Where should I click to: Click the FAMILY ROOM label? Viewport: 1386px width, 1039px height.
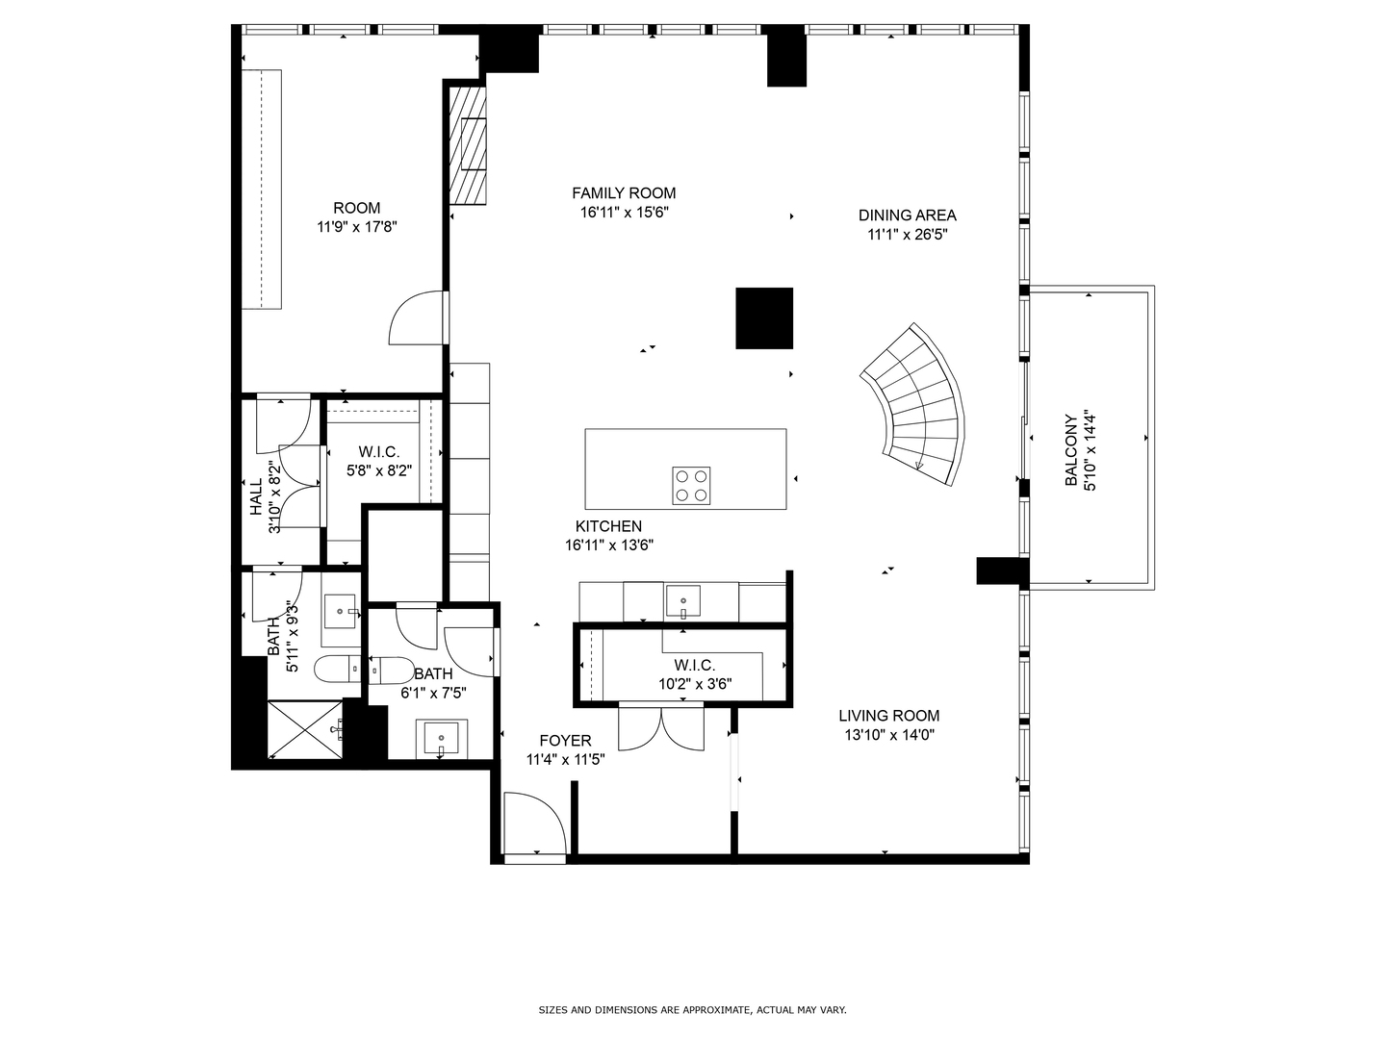[624, 193]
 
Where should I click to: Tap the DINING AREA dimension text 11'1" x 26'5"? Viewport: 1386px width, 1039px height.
[907, 234]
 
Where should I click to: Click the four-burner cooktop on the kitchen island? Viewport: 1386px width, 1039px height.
[691, 486]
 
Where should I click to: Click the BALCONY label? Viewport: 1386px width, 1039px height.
[1070, 451]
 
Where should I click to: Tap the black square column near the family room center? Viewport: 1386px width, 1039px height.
[764, 318]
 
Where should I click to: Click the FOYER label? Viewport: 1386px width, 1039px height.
[565, 741]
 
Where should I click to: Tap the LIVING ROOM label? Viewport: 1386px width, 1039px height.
[888, 716]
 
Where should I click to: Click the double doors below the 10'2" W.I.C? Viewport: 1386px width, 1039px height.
[660, 727]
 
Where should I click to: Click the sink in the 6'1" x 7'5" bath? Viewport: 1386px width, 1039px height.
[442, 739]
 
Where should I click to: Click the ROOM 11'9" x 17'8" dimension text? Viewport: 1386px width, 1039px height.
[357, 227]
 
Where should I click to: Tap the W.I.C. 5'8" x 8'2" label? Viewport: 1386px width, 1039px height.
[378, 451]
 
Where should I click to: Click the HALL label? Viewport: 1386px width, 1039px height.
[256, 497]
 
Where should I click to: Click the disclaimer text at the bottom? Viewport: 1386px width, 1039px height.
[692, 1010]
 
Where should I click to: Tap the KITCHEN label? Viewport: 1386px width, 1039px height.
[608, 526]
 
